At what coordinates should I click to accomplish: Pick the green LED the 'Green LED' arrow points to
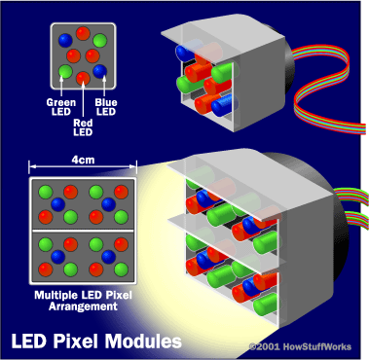click(x=66, y=71)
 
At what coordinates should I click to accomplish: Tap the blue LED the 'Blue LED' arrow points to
click(x=100, y=70)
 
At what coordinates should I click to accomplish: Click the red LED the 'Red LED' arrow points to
click(x=84, y=76)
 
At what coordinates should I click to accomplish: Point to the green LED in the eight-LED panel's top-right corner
click(x=100, y=43)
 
